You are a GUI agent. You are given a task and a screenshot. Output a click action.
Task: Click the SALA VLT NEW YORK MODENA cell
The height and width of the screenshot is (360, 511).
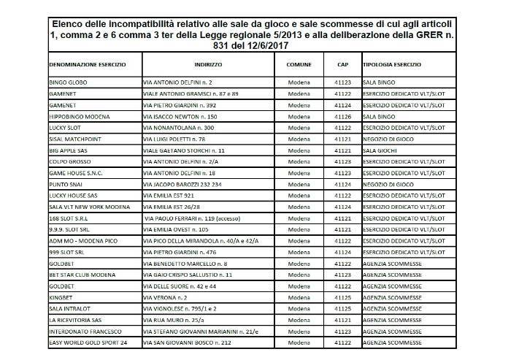[x=88, y=207]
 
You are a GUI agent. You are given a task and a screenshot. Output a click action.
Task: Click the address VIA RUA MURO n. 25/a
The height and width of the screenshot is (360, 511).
[x=176, y=320]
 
